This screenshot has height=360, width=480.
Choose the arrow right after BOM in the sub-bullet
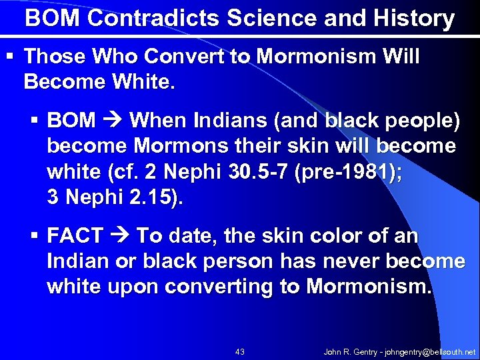113,121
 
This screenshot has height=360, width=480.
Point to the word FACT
75,236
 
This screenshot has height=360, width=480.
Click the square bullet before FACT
37,236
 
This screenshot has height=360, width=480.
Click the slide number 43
240,351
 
